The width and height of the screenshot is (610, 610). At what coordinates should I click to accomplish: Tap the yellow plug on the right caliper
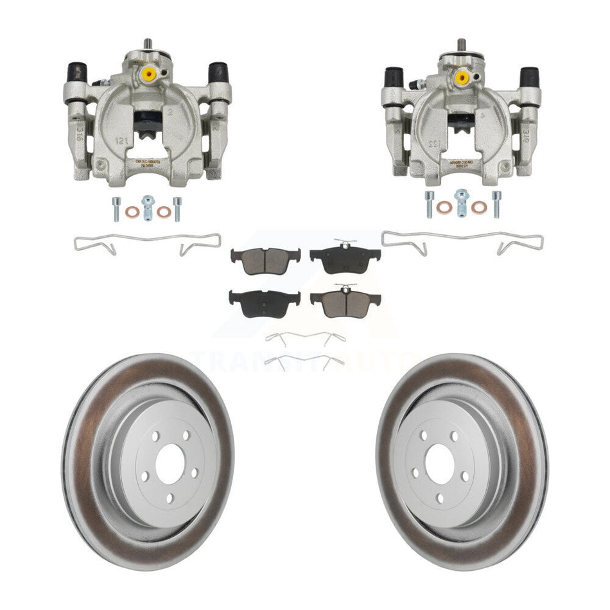point(461,78)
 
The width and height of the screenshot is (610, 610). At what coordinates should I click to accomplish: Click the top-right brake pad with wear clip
point(345,257)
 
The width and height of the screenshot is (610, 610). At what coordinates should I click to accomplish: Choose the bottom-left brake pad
point(264,299)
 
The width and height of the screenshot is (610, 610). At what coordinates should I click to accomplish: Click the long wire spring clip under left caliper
point(147,243)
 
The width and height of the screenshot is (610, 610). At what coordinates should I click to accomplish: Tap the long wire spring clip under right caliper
point(462,241)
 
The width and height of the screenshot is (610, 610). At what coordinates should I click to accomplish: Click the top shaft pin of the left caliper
point(148,43)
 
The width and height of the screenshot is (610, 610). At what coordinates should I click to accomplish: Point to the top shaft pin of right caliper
point(460,46)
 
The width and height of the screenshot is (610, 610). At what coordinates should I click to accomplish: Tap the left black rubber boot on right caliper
point(393,77)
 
